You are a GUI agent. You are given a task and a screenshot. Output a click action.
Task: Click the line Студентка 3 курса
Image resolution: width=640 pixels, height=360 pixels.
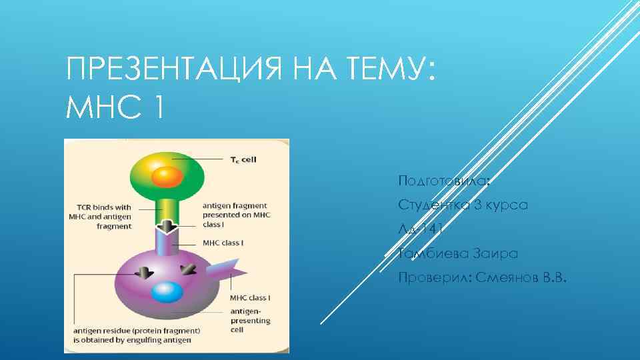[463, 205]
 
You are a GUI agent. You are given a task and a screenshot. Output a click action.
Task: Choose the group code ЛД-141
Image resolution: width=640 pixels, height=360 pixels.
[421, 229]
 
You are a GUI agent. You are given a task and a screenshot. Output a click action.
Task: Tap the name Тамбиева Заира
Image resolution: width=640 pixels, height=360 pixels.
[457, 253]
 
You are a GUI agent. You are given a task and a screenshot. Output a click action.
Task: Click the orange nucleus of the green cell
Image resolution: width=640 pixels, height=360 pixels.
[167, 177]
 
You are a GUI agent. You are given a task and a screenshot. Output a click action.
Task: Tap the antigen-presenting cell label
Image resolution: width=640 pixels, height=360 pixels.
[250, 320]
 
